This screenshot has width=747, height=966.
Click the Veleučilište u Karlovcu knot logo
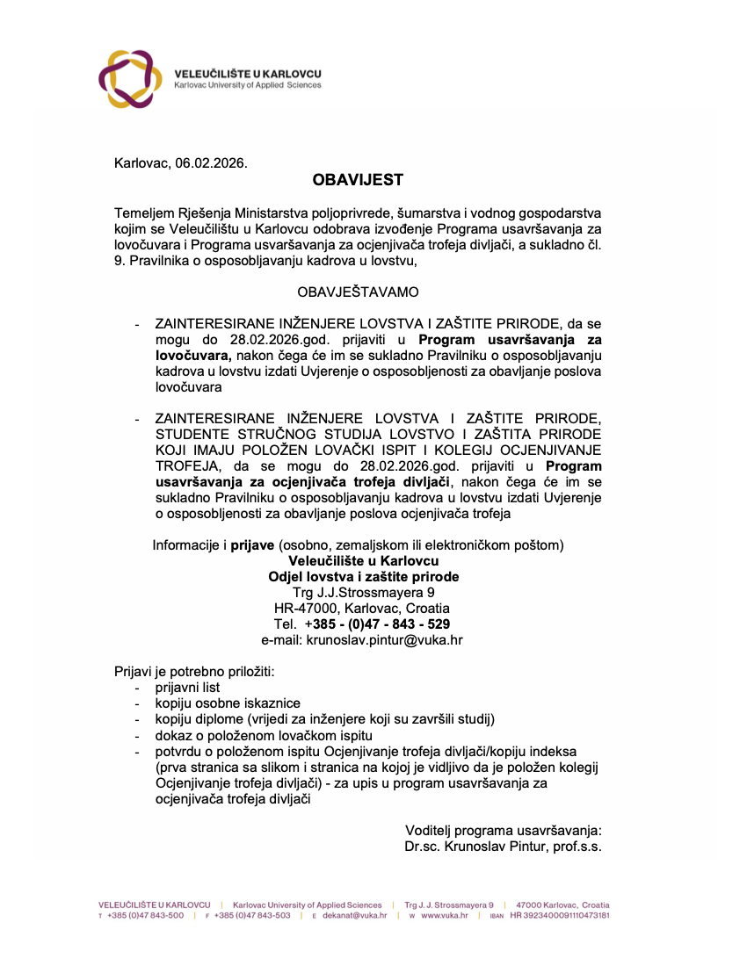coord(130,79)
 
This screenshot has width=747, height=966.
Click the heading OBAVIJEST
coord(358,180)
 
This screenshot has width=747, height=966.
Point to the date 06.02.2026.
coord(211,162)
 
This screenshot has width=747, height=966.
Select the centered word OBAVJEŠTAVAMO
coord(359,291)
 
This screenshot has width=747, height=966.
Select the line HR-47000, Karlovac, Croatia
coord(362,608)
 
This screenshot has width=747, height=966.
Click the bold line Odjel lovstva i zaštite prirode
coord(363,576)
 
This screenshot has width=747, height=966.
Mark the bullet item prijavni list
coord(188,688)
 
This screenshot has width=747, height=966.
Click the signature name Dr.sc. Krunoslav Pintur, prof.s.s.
coord(503,846)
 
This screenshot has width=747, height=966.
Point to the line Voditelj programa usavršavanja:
coord(503,830)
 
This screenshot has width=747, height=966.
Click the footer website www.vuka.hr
coord(444,915)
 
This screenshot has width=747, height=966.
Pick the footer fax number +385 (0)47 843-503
coord(252,915)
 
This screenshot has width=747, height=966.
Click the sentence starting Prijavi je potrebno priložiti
coord(194,672)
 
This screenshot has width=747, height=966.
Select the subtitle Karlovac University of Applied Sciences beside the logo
coord(248,85)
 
